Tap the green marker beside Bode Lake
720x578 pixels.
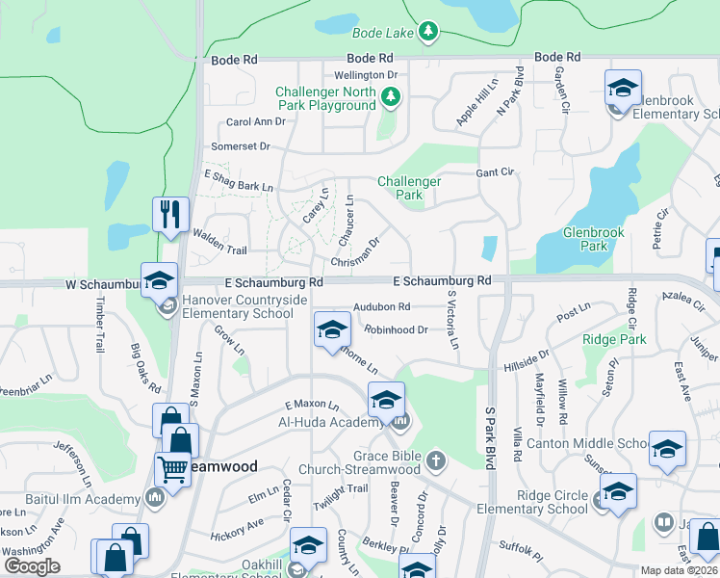click(x=428, y=32)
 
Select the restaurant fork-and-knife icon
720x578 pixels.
click(x=170, y=213)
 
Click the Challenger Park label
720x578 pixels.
click(x=409, y=188)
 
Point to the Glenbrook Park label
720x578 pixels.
click(x=594, y=239)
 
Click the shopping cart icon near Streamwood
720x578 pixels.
click(x=172, y=471)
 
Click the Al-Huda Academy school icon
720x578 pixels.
click(x=386, y=400)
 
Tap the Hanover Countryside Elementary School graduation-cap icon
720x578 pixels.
click(x=160, y=280)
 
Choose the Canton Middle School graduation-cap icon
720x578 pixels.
click(x=666, y=449)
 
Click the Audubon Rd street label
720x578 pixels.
click(x=382, y=307)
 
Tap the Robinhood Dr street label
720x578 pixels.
click(x=396, y=329)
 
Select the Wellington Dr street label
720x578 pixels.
click(x=366, y=75)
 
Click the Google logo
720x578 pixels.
click(x=32, y=566)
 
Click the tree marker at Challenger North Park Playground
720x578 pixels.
click(x=390, y=96)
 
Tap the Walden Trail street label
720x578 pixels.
click(x=220, y=250)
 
